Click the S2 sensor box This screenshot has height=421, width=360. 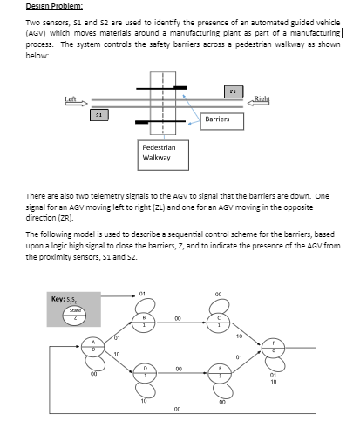pyautogui.click(x=232, y=90)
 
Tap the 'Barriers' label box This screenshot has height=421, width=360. pyautogui.click(x=216, y=119)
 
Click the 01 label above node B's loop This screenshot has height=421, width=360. pyautogui.click(x=142, y=293)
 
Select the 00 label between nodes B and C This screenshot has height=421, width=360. pyautogui.click(x=177, y=318)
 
